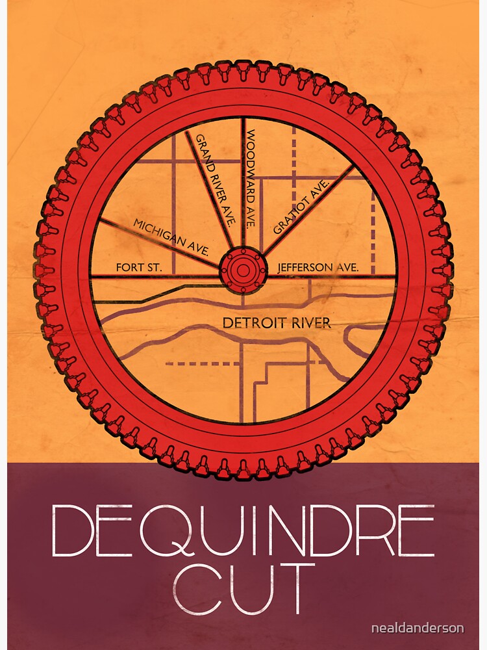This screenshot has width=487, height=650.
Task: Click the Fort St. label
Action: (134, 267)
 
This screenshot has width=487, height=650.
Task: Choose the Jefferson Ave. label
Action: (314, 267)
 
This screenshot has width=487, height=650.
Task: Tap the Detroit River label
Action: (277, 323)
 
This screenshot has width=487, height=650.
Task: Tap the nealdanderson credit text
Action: (426, 628)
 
